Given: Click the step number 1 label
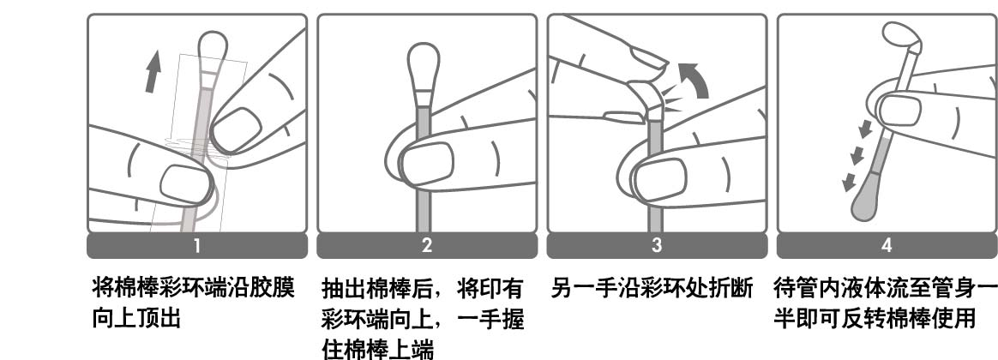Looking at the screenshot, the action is coord(196,245).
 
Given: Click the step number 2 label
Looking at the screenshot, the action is coord(427,245).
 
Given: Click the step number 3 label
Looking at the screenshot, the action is coord(657,245).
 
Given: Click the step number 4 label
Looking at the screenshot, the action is coord(887,245).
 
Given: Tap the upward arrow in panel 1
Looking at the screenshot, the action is coord(152,73).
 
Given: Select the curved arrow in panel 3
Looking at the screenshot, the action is coord(694,79).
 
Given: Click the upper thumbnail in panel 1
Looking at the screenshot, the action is coord(236,129).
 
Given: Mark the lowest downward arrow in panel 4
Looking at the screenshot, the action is coord(849,183).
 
